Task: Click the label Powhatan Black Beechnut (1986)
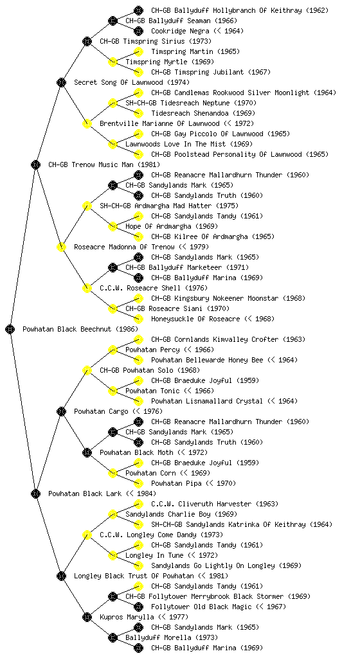point(80,330)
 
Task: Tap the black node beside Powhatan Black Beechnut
point(10,330)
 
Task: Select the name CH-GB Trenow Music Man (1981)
point(104,165)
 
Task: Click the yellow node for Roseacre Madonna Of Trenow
point(61,247)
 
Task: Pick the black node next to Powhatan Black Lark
point(35,494)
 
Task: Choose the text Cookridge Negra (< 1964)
point(197,31)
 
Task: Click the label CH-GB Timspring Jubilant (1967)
point(211,72)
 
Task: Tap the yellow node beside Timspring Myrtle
point(113,62)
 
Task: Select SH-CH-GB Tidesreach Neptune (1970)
point(191,103)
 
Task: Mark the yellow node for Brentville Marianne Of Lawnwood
point(87,124)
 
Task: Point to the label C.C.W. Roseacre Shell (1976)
point(154,289)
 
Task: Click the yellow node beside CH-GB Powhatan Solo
point(87,371)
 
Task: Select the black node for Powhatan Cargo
point(61,412)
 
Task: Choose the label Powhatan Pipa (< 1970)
point(194,484)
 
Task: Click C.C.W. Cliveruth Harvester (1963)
point(215,504)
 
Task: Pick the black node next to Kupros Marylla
point(87,618)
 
